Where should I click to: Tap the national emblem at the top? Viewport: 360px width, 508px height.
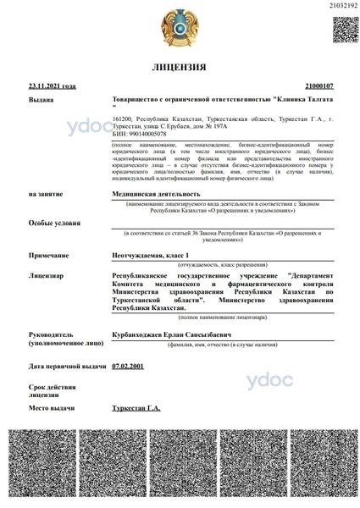(x=179, y=28)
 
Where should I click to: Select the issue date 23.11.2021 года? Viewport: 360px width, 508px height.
(x=52, y=86)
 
